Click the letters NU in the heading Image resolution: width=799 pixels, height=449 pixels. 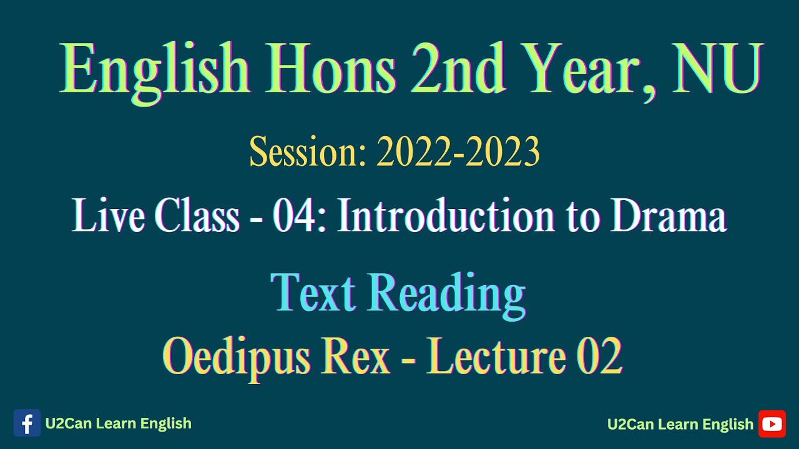(x=717, y=70)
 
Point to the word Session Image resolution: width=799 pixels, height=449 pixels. (x=306, y=153)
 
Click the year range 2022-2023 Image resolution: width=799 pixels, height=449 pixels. (x=458, y=153)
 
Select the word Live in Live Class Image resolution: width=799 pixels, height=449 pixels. (x=109, y=217)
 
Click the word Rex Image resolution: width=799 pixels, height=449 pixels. (x=360, y=357)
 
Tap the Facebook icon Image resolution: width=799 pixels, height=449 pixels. (x=27, y=423)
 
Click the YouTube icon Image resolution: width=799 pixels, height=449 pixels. (x=772, y=424)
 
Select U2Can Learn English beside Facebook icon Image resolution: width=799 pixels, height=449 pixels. (x=118, y=423)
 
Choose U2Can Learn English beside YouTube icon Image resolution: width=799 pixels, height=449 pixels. (x=680, y=424)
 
